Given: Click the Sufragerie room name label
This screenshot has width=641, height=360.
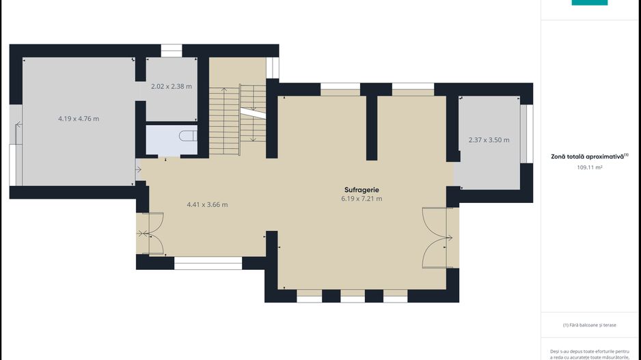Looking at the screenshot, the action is (x=362, y=190).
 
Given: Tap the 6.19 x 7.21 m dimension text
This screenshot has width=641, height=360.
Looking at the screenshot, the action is (x=362, y=199).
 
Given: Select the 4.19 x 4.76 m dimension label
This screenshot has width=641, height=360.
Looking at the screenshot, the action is (x=79, y=119).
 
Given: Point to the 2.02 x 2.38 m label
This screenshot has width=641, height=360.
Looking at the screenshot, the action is (x=172, y=87).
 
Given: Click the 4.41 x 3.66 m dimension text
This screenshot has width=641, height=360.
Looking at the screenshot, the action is (x=207, y=205).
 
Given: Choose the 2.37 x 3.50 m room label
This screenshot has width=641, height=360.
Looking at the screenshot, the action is (x=489, y=140).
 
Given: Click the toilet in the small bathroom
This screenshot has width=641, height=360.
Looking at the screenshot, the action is (x=189, y=136).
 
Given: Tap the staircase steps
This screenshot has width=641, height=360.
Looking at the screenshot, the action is (x=238, y=120).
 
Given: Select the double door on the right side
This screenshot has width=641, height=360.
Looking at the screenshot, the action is (x=437, y=238).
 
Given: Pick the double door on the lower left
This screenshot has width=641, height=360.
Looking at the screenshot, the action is (x=151, y=234).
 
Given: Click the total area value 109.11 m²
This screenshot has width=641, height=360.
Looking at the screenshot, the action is (x=590, y=167).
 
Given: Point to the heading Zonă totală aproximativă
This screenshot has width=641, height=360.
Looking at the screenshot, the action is (x=590, y=156).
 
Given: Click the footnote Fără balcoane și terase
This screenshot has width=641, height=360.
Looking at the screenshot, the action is (x=590, y=325).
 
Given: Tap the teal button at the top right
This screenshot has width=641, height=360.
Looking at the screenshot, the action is (x=590, y=3).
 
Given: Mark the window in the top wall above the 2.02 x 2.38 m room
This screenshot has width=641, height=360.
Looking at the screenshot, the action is (x=172, y=51).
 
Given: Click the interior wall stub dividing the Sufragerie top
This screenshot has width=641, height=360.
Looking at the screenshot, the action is (x=372, y=128).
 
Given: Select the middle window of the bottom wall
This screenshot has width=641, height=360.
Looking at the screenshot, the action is (x=353, y=296).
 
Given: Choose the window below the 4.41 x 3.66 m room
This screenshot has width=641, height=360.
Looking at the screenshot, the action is (x=208, y=263).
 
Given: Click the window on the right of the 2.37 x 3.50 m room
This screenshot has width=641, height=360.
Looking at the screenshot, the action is (x=526, y=134).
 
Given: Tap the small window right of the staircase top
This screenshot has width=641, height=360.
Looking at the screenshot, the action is (x=273, y=68).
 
